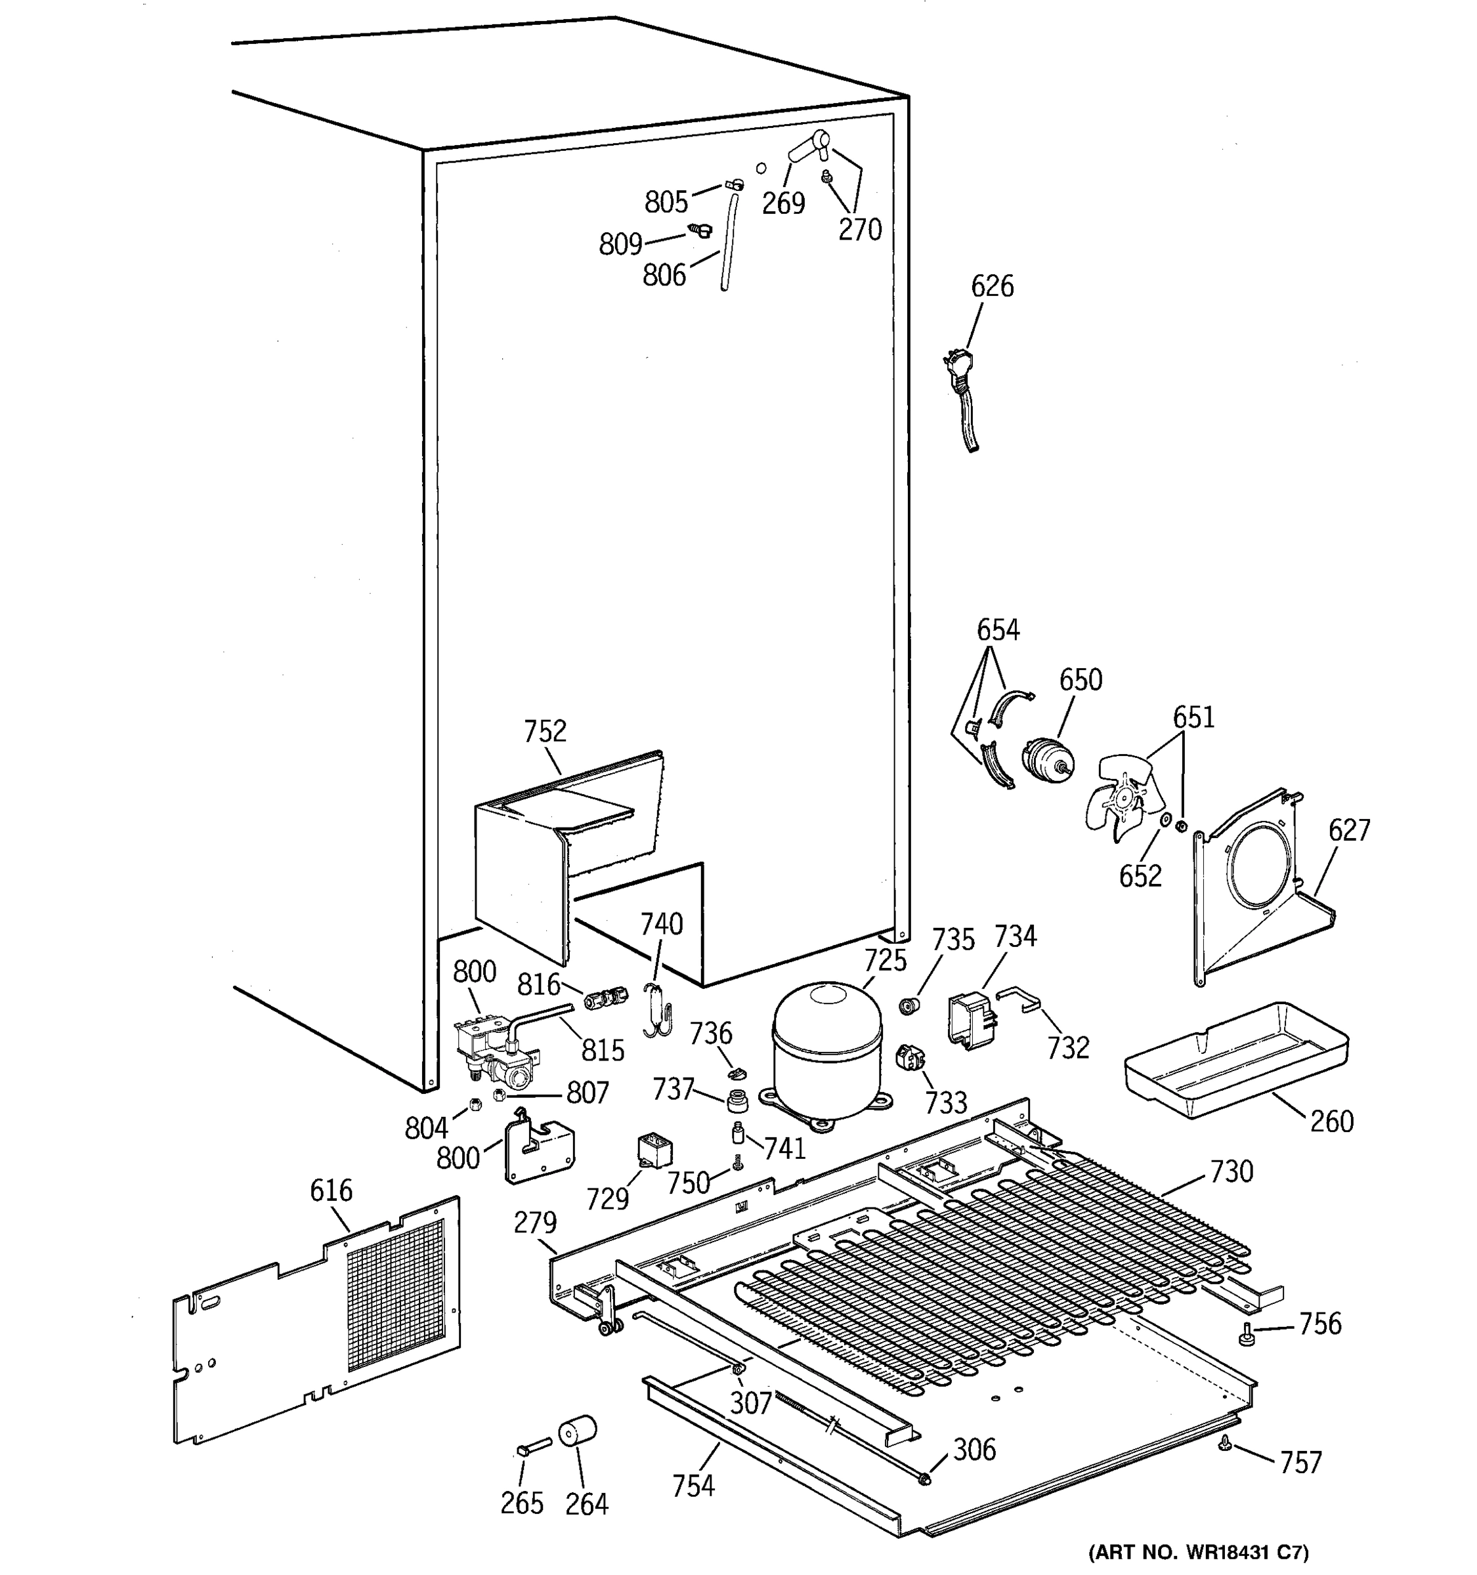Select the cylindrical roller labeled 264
pos(577,1431)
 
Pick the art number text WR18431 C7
pos(1198,1551)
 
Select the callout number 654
pos(998,631)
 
